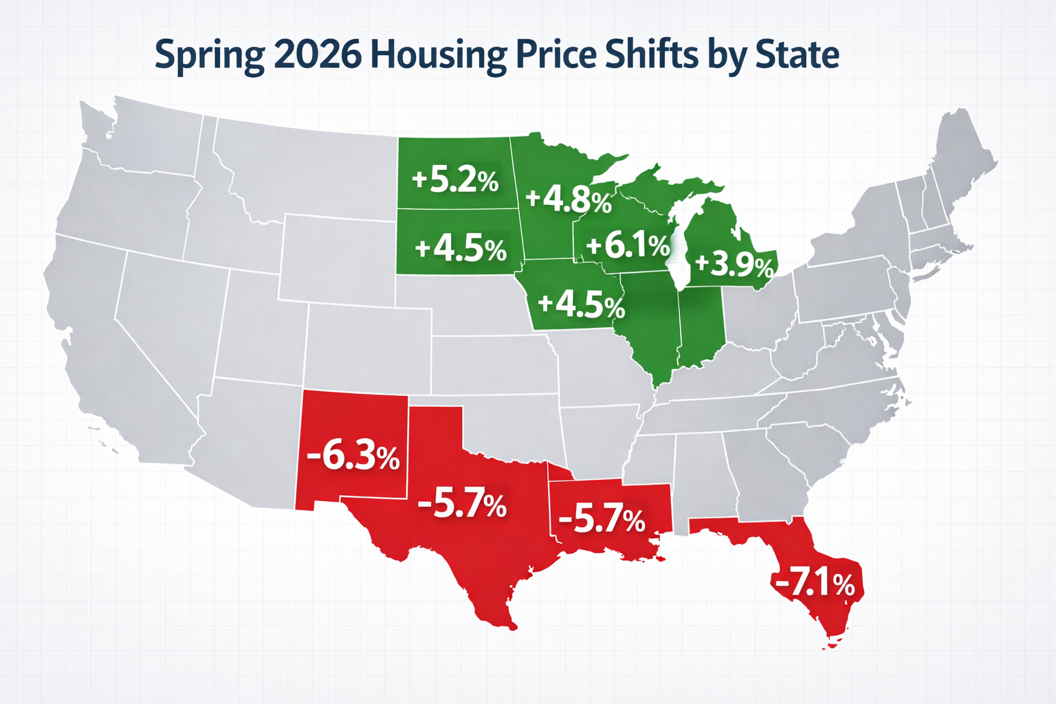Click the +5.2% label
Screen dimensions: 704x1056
(455, 180)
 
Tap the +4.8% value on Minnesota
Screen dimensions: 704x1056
(568, 199)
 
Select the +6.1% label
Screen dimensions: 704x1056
(627, 245)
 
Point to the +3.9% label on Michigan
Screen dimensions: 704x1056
(734, 265)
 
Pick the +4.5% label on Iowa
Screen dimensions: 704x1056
(581, 305)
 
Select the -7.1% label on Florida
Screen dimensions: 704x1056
(815, 584)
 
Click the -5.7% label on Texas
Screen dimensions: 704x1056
(461, 505)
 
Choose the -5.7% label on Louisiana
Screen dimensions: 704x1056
(602, 519)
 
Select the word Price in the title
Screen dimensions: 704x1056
(557, 55)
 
